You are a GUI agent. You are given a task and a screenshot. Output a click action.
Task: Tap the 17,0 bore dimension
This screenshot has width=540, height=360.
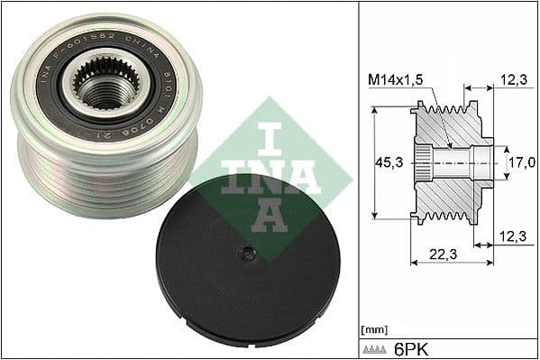click(521, 163)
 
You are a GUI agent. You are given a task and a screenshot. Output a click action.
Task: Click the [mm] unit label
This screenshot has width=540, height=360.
click(373, 329)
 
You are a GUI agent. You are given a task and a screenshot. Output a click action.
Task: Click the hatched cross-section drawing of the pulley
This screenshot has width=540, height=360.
click(451, 162)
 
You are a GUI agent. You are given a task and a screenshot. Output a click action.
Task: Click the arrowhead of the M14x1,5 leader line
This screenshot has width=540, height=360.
click(450, 143)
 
